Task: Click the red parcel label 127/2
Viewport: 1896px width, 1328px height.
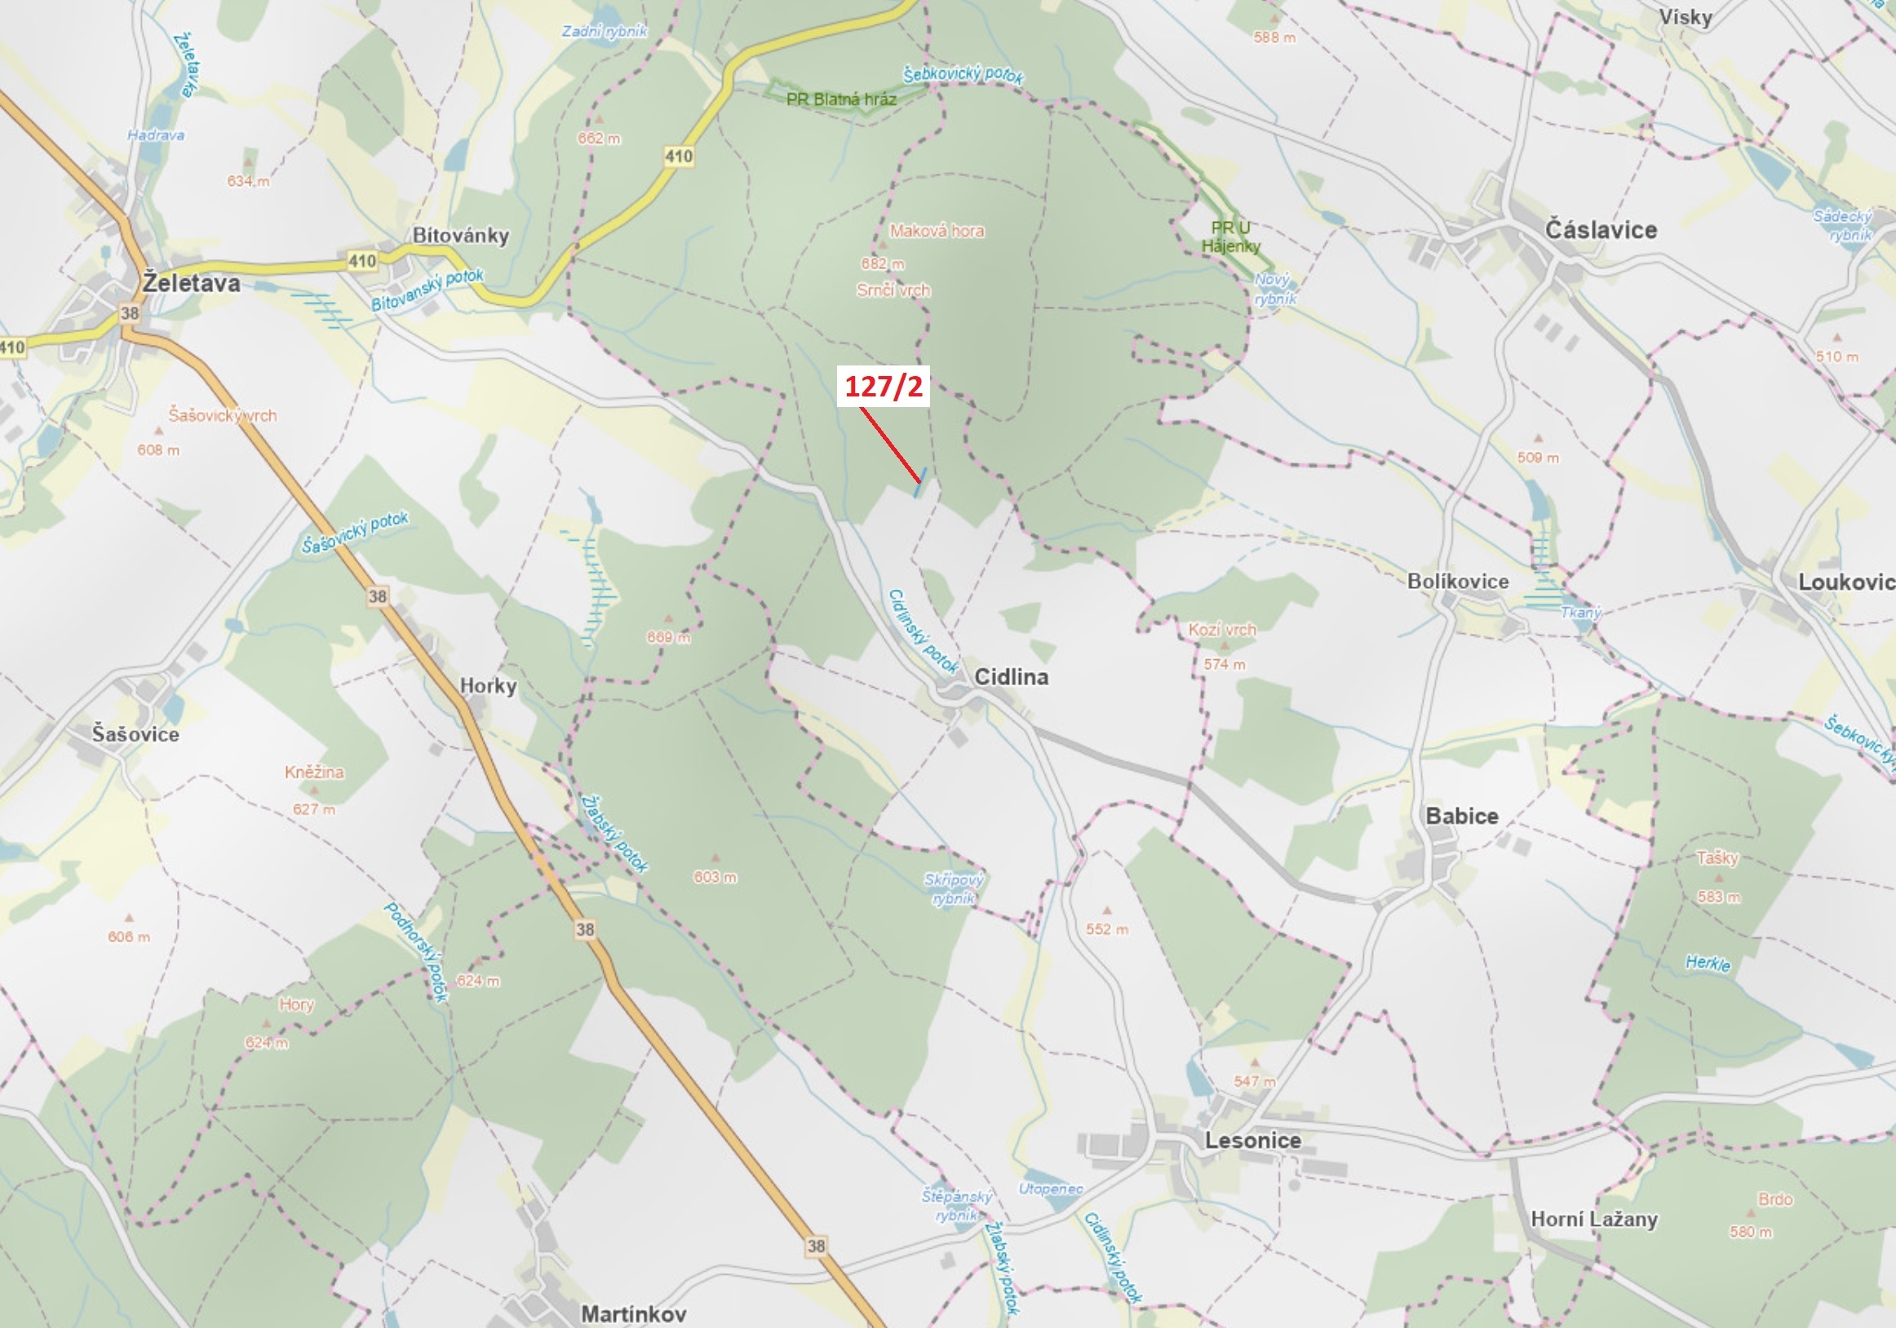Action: coord(883,387)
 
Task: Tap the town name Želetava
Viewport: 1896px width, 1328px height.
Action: coord(191,283)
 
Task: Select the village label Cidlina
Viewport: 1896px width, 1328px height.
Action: coord(1011,677)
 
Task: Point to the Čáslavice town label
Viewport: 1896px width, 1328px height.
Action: coord(1601,229)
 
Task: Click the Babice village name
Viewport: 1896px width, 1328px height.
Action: coord(1462,816)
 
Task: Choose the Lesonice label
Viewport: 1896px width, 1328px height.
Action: coord(1253,1140)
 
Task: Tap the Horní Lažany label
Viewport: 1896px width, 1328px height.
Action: coord(1594,1219)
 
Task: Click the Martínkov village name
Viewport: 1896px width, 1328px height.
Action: coord(633,1313)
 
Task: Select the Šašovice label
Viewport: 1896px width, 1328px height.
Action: coord(135,734)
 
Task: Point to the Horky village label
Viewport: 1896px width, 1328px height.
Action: coord(488,685)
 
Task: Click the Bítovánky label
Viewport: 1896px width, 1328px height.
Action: coord(461,236)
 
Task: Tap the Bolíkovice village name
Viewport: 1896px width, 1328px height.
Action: coord(1458,582)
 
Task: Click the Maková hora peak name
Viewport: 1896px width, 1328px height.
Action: coord(937,231)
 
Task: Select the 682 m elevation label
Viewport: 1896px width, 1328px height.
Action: coord(883,264)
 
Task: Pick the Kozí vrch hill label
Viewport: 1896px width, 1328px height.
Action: coord(1221,629)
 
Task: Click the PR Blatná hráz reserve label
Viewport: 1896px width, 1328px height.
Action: coord(840,99)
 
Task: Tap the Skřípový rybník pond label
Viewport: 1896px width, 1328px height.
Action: coord(954,888)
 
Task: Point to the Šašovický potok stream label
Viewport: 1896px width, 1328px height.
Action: coord(355,533)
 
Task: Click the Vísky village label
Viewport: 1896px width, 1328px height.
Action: coord(1686,17)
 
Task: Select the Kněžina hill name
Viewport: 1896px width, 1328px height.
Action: coord(314,772)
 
